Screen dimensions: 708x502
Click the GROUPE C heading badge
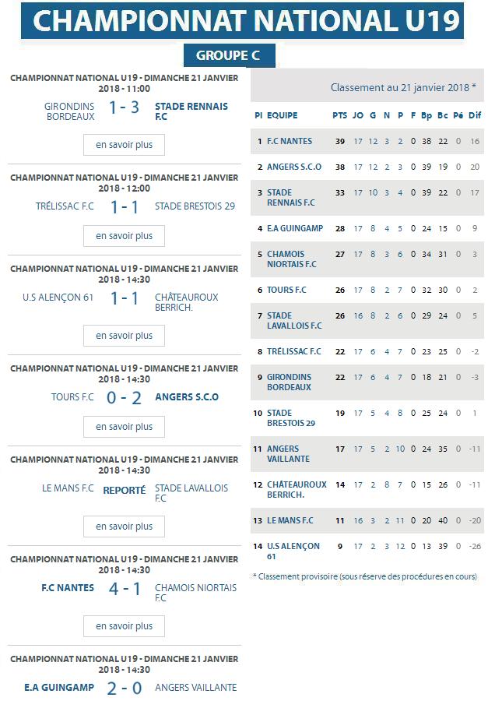pyautogui.click(x=229, y=56)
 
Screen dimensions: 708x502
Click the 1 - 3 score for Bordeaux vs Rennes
pyautogui.click(x=124, y=107)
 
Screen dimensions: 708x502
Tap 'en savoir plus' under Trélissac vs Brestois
pyautogui.click(x=124, y=236)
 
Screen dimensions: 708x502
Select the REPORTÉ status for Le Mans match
pyautogui.click(x=125, y=491)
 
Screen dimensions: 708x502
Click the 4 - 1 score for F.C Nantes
pyautogui.click(x=125, y=589)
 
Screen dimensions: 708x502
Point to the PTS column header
pyautogui.click(x=339, y=115)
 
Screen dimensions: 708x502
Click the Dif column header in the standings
pyautogui.click(x=475, y=115)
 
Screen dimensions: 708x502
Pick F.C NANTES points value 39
pyautogui.click(x=339, y=142)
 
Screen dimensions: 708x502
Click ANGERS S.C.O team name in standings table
pyautogui.click(x=294, y=167)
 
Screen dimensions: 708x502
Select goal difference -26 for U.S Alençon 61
pyautogui.click(x=475, y=547)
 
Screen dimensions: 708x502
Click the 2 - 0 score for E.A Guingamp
pyautogui.click(x=125, y=688)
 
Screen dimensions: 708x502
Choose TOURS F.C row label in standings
pyautogui.click(x=287, y=291)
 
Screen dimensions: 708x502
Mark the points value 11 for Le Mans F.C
pyautogui.click(x=339, y=521)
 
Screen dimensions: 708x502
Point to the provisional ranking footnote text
pyautogui.click(x=364, y=577)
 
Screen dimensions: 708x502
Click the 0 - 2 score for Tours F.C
pyautogui.click(x=125, y=398)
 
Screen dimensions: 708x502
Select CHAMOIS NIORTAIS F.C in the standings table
pyautogui.click(x=292, y=259)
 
